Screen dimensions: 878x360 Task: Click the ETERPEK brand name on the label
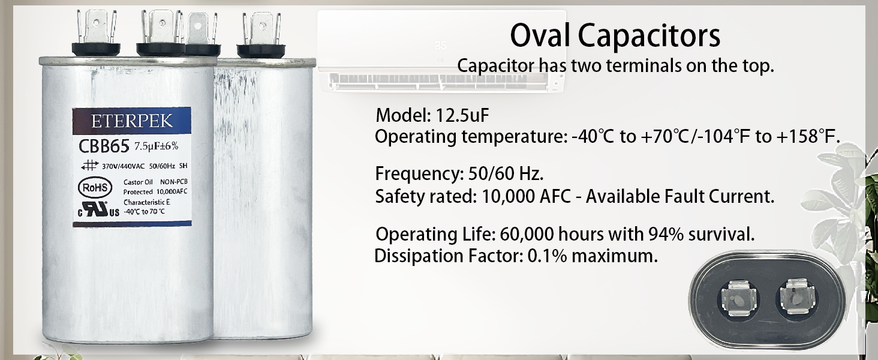coord(132,121)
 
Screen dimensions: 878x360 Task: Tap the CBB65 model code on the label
coord(104,146)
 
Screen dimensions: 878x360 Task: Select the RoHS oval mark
coord(95,187)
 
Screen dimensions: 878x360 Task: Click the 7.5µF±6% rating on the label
coord(157,146)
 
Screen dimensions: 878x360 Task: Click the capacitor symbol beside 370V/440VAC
coord(89,166)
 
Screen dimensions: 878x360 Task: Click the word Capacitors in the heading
coord(649,37)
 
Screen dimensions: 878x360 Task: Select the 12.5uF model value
coord(462,116)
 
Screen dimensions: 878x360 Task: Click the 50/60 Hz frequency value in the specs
coord(506,174)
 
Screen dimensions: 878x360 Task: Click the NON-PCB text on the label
coord(174,182)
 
